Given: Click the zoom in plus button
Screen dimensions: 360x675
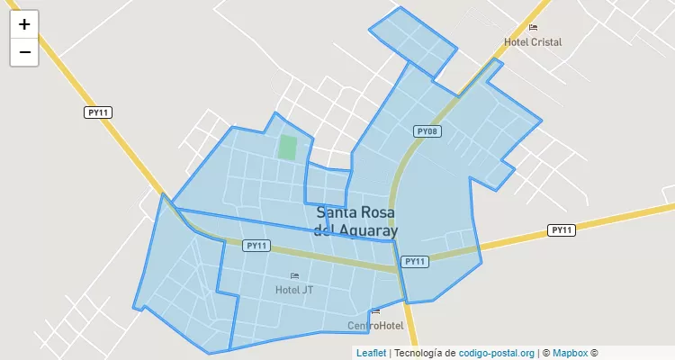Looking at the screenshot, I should point(24,24).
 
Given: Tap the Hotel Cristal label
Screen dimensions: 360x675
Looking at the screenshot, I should point(533,42).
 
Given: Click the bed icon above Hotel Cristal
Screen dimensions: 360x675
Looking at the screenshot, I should point(533,28).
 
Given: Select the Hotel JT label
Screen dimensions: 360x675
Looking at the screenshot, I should point(294,290).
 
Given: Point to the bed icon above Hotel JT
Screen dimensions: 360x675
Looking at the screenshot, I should point(294,275).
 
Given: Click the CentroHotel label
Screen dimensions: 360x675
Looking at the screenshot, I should point(375,325).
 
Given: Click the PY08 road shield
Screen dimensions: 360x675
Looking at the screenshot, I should point(427,131).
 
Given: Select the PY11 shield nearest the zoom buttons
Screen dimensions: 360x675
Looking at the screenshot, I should point(98,112).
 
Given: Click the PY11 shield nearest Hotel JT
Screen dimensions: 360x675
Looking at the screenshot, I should point(256,246).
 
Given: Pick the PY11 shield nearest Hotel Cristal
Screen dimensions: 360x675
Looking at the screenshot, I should point(561,230).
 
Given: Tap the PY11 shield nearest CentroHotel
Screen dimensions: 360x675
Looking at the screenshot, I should point(415,261).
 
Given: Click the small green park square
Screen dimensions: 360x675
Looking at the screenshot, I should point(287,147).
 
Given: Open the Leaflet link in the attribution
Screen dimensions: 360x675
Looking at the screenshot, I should point(371,353).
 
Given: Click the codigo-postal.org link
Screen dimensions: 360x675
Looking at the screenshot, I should point(497,353).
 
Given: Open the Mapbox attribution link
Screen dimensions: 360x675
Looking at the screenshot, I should point(570,353).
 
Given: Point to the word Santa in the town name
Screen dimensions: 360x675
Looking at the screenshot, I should point(337,213).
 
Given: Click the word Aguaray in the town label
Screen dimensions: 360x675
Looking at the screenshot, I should point(366,230).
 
